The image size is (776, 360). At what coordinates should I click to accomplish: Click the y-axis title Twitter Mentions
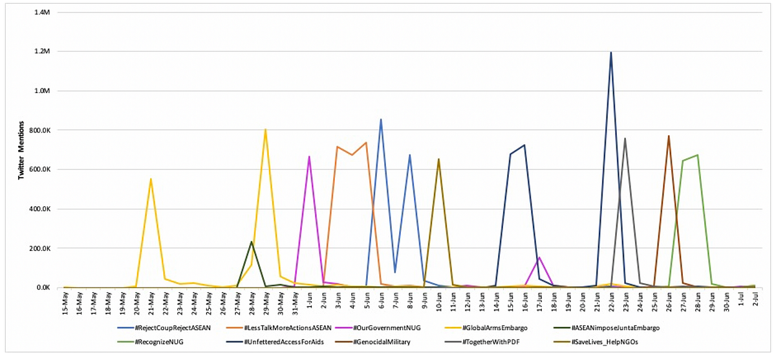pyautogui.click(x=21, y=149)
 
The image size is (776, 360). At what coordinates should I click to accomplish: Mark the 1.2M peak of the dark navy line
pyautogui.click(x=610, y=52)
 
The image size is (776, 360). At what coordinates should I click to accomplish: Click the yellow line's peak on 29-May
pyautogui.click(x=265, y=129)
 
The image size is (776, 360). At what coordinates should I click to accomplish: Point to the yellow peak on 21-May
pyautogui.click(x=151, y=179)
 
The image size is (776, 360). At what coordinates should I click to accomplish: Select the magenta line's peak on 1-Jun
pyautogui.click(x=309, y=157)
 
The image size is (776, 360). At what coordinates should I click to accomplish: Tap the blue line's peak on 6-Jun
pyautogui.click(x=381, y=120)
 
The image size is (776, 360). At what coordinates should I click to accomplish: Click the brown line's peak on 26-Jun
pyautogui.click(x=669, y=136)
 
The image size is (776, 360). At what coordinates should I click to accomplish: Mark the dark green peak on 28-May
pyautogui.click(x=251, y=242)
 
